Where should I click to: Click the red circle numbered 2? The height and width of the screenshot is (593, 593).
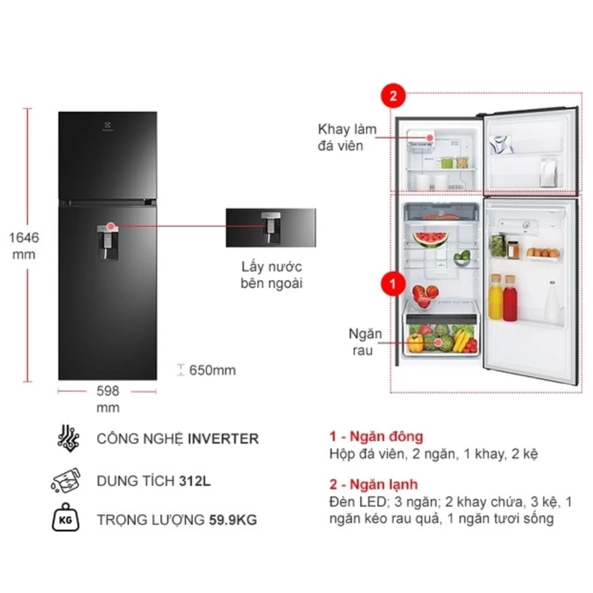(393, 95)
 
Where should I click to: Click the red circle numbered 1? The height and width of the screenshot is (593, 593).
(393, 283)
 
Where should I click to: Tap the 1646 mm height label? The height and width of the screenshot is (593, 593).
(24, 246)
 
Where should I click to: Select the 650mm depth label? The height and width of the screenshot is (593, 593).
(212, 370)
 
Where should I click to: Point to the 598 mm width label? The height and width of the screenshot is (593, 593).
(108, 399)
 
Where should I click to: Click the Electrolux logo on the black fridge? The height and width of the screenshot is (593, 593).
(107, 127)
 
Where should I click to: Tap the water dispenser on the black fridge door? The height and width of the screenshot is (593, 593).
(107, 243)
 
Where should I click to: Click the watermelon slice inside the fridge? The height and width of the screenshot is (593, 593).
(431, 240)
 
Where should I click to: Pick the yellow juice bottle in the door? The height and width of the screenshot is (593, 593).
(495, 297)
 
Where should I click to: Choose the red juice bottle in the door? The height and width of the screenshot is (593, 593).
(510, 298)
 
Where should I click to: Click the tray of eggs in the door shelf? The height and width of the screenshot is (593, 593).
(543, 254)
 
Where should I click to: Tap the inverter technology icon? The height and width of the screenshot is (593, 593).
(68, 438)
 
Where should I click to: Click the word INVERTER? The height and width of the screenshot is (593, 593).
(223, 439)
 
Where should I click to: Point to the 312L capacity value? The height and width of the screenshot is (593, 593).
(195, 481)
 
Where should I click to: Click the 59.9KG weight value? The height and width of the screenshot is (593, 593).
(233, 520)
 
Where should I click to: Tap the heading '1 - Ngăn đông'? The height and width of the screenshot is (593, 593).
(376, 436)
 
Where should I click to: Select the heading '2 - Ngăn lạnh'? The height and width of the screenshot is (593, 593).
(373, 484)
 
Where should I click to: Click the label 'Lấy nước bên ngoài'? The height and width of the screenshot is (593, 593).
(272, 275)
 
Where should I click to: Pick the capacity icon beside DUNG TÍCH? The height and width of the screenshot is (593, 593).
(66, 481)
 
